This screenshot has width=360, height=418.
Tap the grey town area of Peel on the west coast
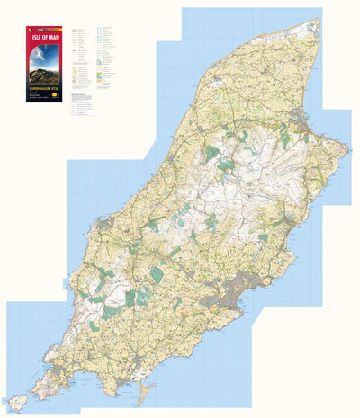[x=107, y=220]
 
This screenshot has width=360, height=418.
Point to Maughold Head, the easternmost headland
[x=344, y=149]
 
